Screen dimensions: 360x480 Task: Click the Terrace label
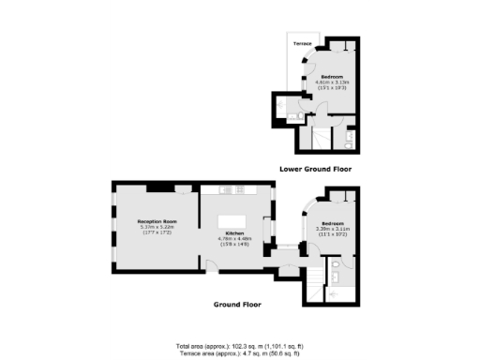point(302,44)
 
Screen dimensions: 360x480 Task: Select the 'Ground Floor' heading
point(237,304)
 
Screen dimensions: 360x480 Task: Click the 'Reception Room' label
point(157,221)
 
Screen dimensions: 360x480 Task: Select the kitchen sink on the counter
point(253,189)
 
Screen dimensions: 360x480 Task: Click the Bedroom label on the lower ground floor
point(332,76)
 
